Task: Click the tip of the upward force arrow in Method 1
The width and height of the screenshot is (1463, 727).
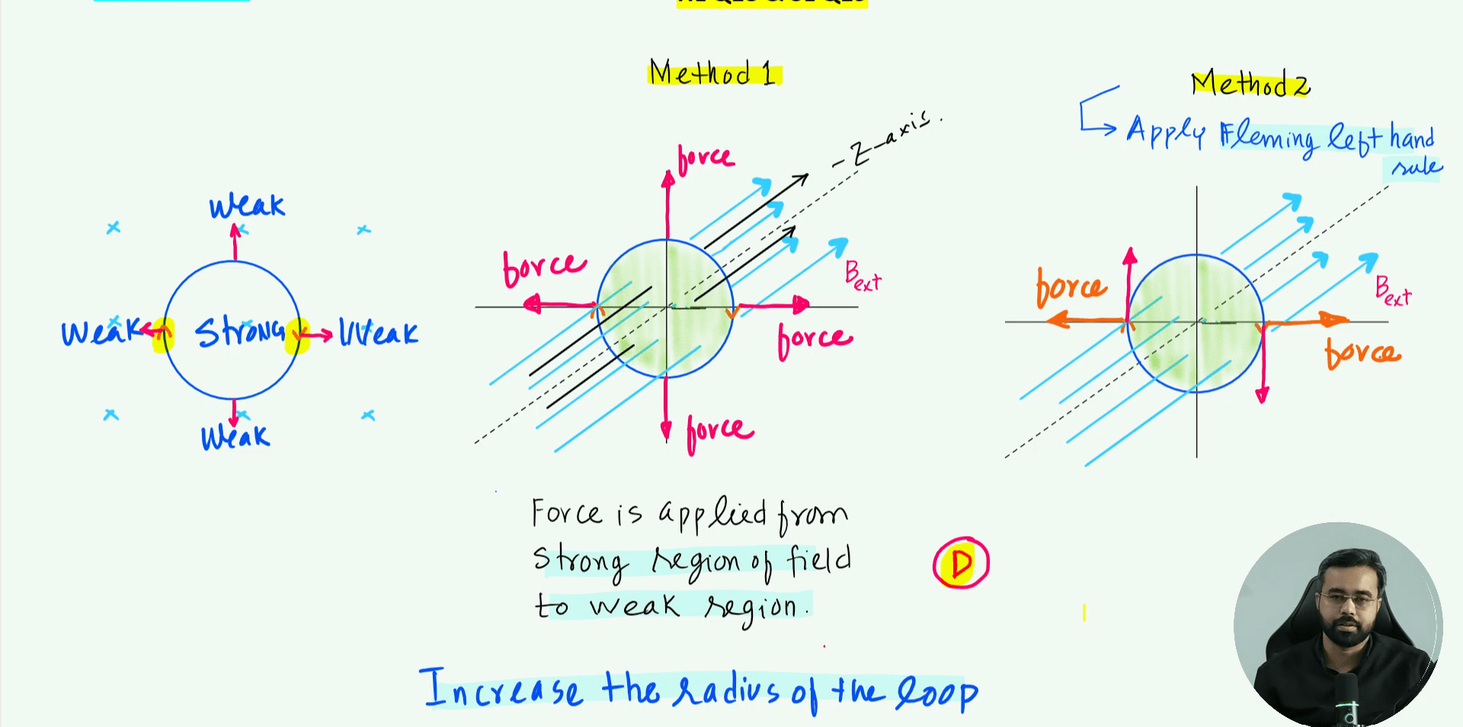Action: (x=667, y=171)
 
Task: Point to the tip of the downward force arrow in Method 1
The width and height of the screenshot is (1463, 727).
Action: (x=666, y=442)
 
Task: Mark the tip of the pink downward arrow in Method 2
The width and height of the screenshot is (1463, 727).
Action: (x=1263, y=402)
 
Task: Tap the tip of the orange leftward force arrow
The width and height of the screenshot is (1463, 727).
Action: (x=1046, y=320)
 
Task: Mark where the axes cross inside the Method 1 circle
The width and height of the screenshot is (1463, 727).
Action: (x=667, y=307)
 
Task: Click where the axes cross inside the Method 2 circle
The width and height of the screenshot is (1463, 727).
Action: (x=1196, y=322)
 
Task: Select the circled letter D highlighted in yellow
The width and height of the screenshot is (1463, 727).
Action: (x=961, y=563)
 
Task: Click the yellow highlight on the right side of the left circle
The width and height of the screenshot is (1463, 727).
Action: (x=296, y=336)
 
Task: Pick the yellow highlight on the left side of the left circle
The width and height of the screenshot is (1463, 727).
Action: (x=162, y=335)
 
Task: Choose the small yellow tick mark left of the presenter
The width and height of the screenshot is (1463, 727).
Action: (x=1084, y=612)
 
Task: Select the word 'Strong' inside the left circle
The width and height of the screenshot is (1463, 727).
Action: (x=239, y=332)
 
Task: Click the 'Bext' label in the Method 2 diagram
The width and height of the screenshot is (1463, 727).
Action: (x=1393, y=291)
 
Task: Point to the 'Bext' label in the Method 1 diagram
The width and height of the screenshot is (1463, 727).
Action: (x=863, y=276)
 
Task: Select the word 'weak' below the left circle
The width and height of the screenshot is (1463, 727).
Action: (x=235, y=436)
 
